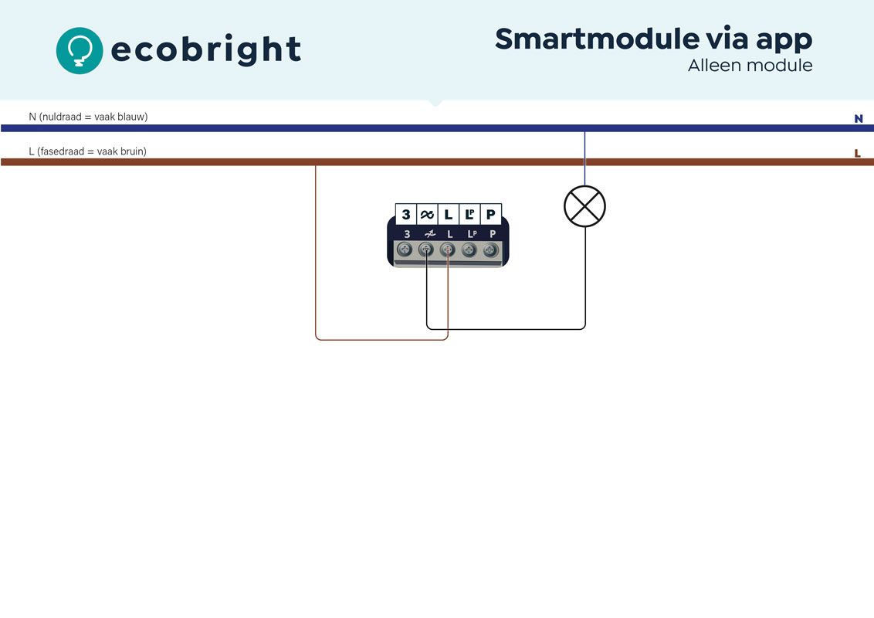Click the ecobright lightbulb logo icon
pyautogui.click(x=79, y=50)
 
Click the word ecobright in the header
pyautogui.click(x=206, y=50)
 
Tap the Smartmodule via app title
pyautogui.click(x=653, y=39)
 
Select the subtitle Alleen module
pyautogui.click(x=750, y=66)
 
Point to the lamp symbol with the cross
pyautogui.click(x=584, y=206)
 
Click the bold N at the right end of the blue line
pyautogui.click(x=858, y=119)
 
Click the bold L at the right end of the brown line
pyautogui.click(x=857, y=154)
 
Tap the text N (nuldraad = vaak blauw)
pyautogui.click(x=88, y=117)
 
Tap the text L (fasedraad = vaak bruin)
pyautogui.click(x=87, y=151)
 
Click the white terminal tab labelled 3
pyautogui.click(x=406, y=214)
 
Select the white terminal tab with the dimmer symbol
pyautogui.click(x=427, y=214)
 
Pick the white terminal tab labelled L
pyautogui.click(x=448, y=214)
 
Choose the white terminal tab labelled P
pyautogui.click(x=490, y=214)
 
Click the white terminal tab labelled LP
pyautogui.click(x=469, y=214)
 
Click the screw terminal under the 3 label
pyautogui.click(x=404, y=250)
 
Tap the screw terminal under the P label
pyautogui.click(x=490, y=250)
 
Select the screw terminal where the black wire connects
pyautogui.click(x=425, y=250)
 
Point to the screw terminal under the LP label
pyautogui.click(x=469, y=250)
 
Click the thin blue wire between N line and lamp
pyautogui.click(x=584, y=158)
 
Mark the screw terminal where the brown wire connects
pyautogui.click(x=447, y=250)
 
